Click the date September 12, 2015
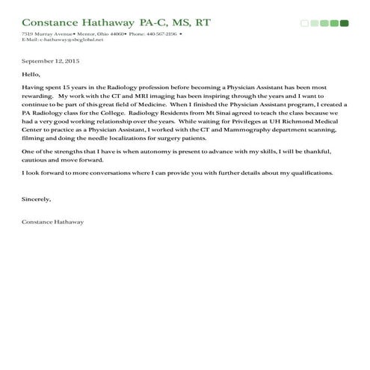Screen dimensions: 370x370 (50, 60)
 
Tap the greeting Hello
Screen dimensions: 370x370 (31, 75)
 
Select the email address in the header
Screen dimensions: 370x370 (55, 40)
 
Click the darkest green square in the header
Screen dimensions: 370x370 (344, 23)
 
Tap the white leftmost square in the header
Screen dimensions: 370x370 (304, 23)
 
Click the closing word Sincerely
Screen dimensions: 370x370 (37, 200)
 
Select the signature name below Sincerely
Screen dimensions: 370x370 (53, 222)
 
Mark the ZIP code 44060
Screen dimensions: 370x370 (111, 34)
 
